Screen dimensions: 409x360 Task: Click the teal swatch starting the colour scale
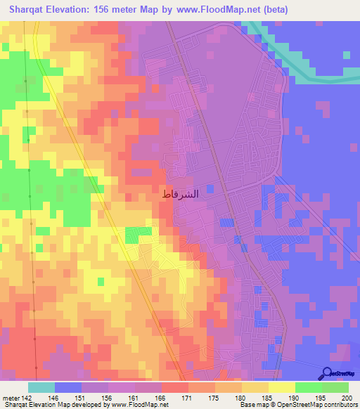[x=41, y=387]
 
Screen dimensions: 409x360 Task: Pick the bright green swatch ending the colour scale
[x=335, y=387]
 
